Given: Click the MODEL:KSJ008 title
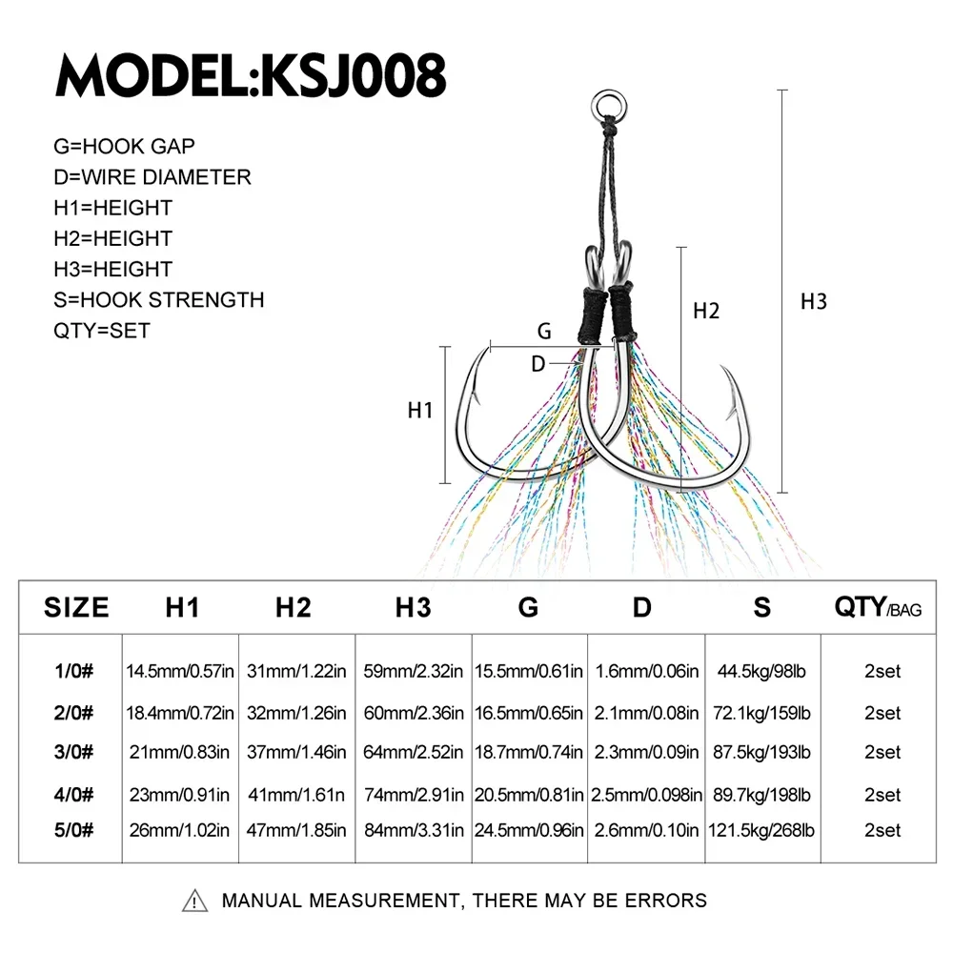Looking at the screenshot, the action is click(251, 75).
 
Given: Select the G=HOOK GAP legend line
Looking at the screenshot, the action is click(124, 147).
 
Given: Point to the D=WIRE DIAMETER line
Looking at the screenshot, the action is click(152, 177).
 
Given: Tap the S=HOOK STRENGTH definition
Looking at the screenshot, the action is click(158, 299).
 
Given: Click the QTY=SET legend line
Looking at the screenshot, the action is click(102, 331).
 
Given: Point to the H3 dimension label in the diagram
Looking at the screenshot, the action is click(813, 301).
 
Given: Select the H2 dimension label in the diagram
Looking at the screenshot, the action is click(706, 312).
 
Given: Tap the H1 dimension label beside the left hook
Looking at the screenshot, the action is click(420, 410).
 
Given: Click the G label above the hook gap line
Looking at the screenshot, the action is click(544, 332).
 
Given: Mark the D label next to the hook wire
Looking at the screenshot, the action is click(537, 364).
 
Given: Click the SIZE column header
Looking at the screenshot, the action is click(76, 607).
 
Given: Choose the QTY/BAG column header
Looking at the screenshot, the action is click(878, 607).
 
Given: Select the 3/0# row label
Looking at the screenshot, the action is click(73, 753).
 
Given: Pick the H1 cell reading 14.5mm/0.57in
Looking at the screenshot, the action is click(180, 672).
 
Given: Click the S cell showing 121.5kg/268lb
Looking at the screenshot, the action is click(760, 830).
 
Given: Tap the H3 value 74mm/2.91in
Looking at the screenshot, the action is click(414, 795).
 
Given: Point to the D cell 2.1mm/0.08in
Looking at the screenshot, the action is click(646, 713).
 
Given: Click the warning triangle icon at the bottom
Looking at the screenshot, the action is click(194, 901).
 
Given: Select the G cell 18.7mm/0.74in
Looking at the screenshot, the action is click(528, 753).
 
